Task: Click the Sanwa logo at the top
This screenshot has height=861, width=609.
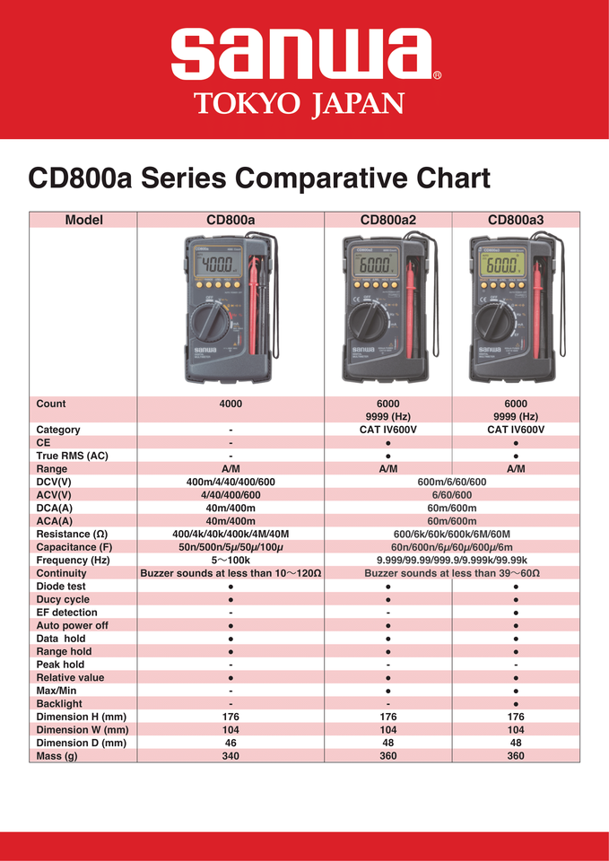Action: [x=303, y=56]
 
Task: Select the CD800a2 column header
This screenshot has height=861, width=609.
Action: [x=387, y=220]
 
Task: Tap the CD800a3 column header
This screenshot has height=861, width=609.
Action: [x=516, y=220]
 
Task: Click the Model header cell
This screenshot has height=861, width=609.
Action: [x=83, y=220]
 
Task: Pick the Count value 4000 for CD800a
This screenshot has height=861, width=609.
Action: [x=231, y=404]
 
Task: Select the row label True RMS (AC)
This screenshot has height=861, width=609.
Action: [x=72, y=456]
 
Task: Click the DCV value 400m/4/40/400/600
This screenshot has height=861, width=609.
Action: [x=231, y=482]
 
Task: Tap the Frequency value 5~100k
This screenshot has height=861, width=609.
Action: [x=231, y=560]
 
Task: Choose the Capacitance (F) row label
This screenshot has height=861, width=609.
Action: [x=74, y=546]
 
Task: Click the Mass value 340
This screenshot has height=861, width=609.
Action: [x=231, y=756]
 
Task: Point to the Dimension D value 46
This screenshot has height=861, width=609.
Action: [x=231, y=743]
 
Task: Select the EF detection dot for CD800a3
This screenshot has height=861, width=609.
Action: [x=516, y=613]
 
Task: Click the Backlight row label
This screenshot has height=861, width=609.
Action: [x=59, y=704]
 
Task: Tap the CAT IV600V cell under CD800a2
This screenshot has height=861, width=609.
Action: [x=387, y=430]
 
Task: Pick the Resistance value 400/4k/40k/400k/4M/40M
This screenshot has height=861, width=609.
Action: [x=231, y=534]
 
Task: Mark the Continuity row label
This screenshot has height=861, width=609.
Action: [x=62, y=573]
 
